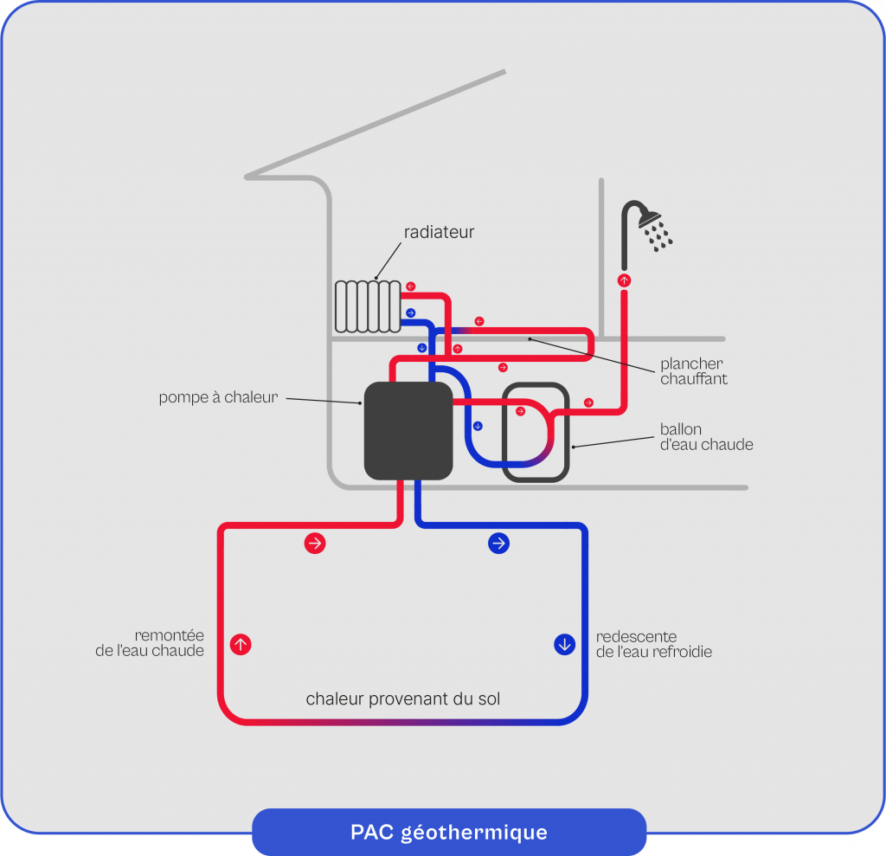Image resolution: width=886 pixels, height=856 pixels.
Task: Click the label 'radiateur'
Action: [439, 232]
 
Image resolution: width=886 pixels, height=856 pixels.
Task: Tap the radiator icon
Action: [368, 306]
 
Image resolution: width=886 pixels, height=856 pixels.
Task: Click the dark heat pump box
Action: [408, 430]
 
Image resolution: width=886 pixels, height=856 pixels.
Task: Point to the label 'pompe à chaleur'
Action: [218, 397]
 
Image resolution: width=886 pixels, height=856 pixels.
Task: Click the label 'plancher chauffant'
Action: [693, 371]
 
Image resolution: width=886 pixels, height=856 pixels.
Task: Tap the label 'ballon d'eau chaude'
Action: [706, 437]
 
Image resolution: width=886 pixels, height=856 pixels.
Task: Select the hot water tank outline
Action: [536, 431]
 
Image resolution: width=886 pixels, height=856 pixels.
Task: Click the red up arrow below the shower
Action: [624, 280]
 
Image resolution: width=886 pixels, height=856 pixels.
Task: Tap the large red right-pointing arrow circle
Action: [315, 544]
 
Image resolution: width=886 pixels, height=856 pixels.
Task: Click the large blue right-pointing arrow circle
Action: [498, 544]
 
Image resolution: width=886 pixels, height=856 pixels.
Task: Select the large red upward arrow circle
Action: [241, 644]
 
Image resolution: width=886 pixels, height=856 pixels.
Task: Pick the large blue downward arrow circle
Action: [564, 644]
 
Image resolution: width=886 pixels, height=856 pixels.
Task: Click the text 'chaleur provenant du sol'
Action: [403, 698]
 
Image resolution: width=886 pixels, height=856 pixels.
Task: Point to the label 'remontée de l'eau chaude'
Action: [150, 643]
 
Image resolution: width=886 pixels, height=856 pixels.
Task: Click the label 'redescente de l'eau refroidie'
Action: [654, 644]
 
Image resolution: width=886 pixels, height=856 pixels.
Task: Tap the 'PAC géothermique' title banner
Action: [449, 832]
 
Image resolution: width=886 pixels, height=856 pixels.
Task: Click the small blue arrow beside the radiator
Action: [410, 312]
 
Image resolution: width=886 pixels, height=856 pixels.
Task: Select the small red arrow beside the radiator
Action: [410, 286]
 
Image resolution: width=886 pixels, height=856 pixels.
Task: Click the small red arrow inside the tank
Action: [520, 411]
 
